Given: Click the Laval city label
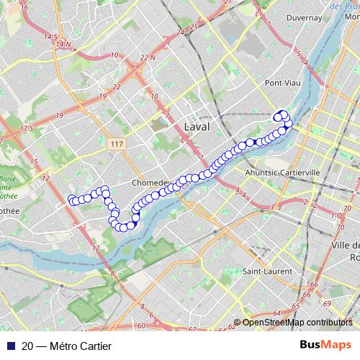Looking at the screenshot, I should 197,126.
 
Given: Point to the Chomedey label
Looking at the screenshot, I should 150,183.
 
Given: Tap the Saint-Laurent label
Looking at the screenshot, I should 266,271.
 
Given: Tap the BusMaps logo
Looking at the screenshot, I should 325,346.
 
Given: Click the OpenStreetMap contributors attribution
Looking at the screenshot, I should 296,323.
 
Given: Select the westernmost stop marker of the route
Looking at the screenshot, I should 71,199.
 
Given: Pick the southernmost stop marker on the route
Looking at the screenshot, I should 123,228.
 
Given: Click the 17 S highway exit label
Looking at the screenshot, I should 27,127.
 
